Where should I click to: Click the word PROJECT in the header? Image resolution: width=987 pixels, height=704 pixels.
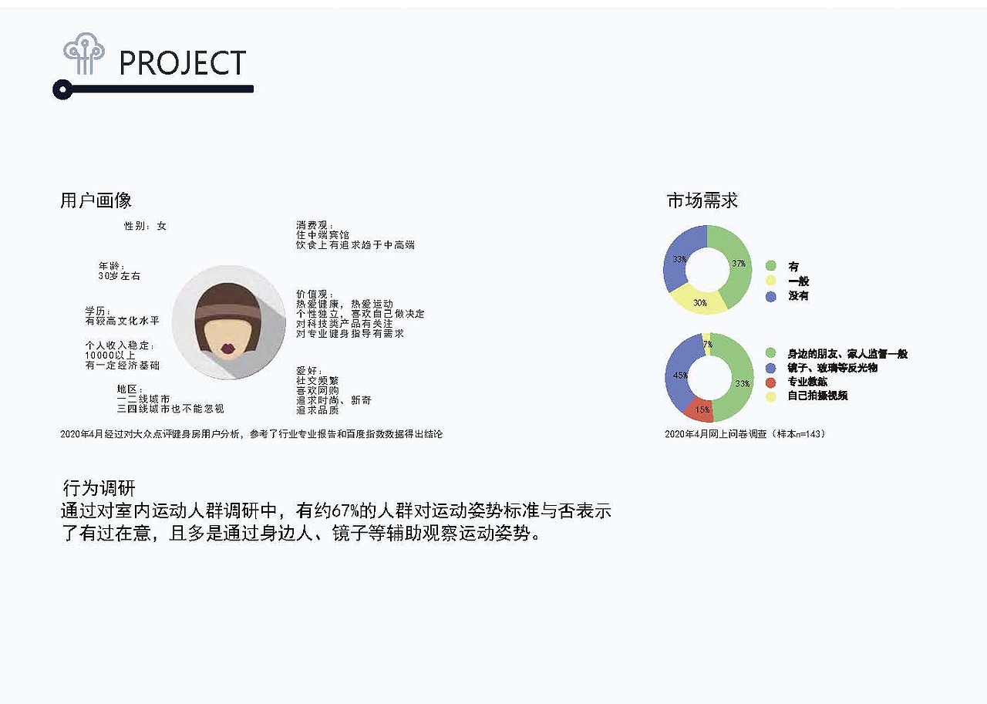coord(183,62)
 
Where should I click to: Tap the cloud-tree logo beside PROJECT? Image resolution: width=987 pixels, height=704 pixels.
coord(84,54)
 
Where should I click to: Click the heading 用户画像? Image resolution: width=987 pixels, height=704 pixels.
coord(96,200)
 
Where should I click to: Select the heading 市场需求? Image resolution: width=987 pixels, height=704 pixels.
coord(702,200)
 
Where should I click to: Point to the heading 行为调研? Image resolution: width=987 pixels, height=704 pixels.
coord(99,488)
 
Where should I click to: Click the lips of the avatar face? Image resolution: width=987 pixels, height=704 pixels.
coord(227,349)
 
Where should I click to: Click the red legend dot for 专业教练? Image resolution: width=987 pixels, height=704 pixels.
coord(771,382)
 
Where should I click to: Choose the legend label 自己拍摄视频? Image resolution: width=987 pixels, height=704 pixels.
coord(817,396)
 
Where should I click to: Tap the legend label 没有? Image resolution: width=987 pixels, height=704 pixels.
coord(798,295)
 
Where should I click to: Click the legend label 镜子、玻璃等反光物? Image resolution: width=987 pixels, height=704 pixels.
coord(832,368)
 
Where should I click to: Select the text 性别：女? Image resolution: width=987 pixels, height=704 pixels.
coord(145,226)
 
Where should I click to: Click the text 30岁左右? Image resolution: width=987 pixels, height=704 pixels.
coord(120,275)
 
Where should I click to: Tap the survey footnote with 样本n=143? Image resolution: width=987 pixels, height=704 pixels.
coord(744,434)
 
